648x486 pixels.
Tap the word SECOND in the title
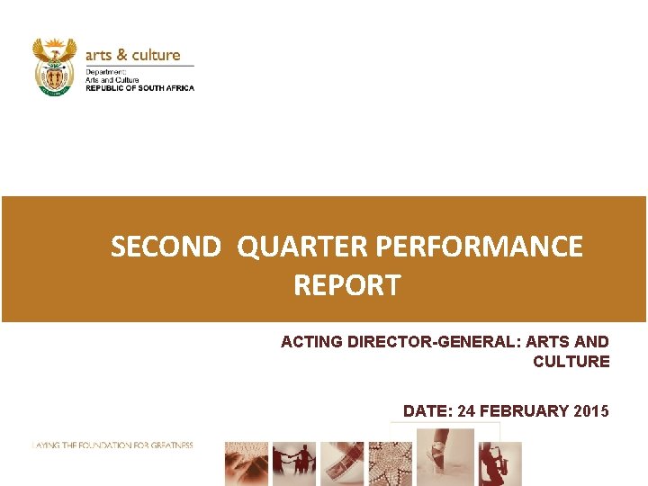tap(166, 247)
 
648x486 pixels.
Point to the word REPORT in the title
tap(346, 286)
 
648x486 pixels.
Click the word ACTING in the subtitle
tap(309, 342)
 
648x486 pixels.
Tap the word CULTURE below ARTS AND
tap(571, 362)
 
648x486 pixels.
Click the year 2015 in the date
tap(590, 411)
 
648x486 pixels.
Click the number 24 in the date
tap(466, 411)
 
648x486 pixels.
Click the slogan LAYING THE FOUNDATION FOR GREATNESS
tap(112, 445)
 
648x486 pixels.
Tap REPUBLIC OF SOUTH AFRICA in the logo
tap(139, 88)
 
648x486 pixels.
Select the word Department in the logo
tap(105, 70)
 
